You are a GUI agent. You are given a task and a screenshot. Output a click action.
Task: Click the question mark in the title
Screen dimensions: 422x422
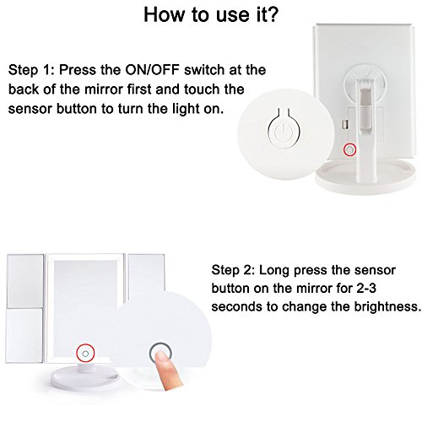272,14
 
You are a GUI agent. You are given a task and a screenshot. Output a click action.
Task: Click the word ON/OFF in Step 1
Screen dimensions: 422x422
152,70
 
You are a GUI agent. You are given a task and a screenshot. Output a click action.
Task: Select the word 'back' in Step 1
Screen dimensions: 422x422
24,89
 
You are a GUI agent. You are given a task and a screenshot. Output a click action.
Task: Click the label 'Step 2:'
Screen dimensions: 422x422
233,270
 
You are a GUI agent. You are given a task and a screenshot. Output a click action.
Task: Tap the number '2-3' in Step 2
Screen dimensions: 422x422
366,289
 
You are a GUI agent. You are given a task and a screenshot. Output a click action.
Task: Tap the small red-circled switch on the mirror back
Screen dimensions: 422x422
349,149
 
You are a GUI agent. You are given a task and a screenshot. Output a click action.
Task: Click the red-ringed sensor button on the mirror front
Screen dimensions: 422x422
85,353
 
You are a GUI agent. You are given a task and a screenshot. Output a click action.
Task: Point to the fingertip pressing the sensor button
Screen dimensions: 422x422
163,356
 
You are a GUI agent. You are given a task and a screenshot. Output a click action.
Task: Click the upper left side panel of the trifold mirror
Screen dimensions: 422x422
25,281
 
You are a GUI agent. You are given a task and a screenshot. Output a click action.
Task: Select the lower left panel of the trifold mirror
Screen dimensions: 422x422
24,335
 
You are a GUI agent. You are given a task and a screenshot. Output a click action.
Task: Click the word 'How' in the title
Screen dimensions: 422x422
165,14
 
